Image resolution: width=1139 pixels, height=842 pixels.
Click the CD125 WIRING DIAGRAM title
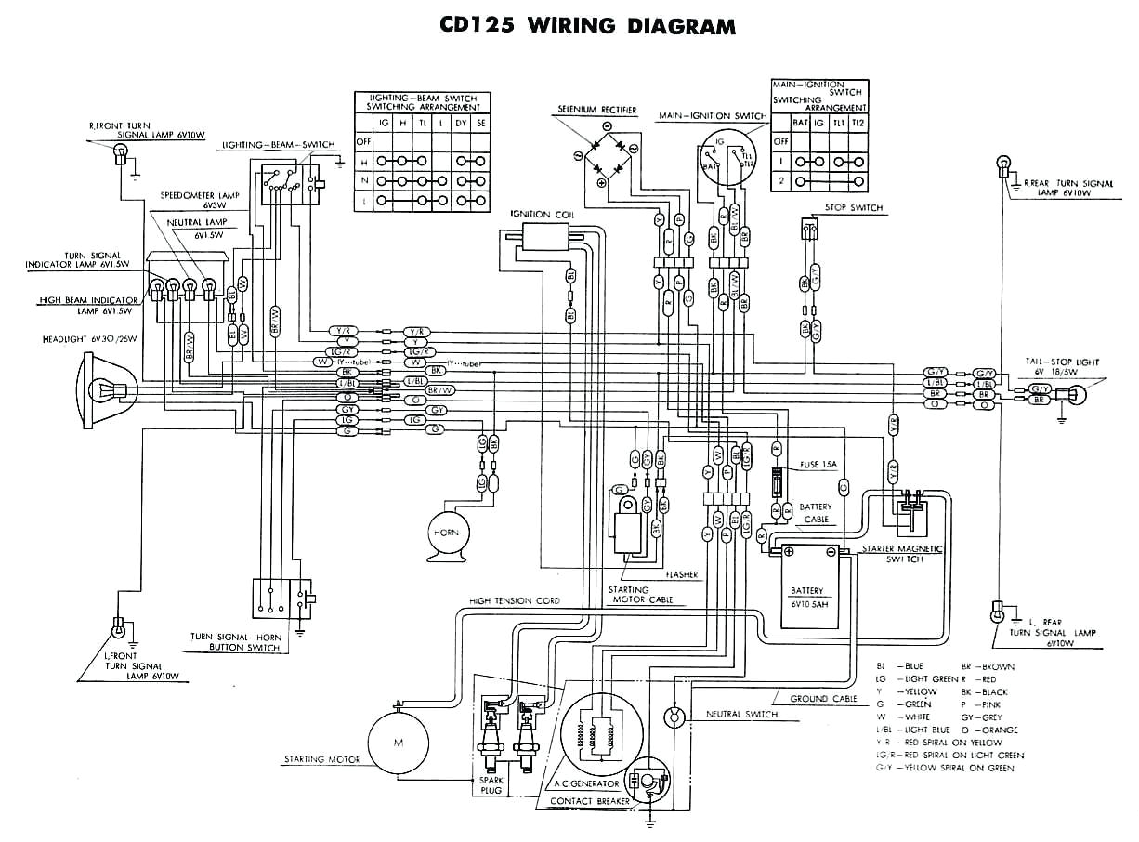[x=587, y=25]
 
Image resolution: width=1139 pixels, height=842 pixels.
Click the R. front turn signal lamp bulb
[x=120, y=160]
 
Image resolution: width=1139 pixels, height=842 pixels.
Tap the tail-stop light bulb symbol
[x=1079, y=394]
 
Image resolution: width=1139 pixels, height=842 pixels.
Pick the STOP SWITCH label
[x=853, y=208]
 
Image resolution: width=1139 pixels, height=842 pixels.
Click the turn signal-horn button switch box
[x=282, y=596]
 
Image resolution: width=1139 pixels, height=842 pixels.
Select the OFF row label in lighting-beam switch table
[x=362, y=142]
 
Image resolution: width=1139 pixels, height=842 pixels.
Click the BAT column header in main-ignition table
[x=800, y=123]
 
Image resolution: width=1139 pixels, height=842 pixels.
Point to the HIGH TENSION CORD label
[x=515, y=601]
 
